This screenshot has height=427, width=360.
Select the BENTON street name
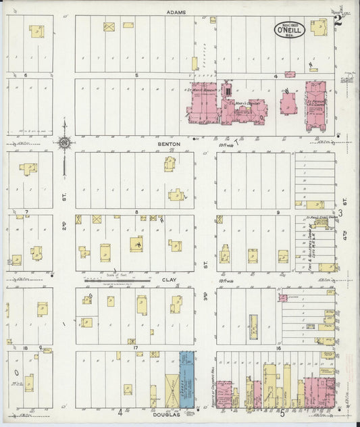pyautogui.click(x=166, y=143)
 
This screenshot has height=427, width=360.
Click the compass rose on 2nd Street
pyautogui.click(x=64, y=143)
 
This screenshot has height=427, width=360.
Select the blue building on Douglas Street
pyautogui.click(x=186, y=380)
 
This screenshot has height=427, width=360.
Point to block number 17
pyautogui.click(x=136, y=348)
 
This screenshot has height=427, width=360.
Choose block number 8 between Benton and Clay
pyautogui.click(x=136, y=212)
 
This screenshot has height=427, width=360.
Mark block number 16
pyautogui.click(x=278, y=348)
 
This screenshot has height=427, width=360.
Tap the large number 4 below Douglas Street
pyautogui.click(x=120, y=411)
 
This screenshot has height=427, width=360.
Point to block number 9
pyautogui.click(x=278, y=212)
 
